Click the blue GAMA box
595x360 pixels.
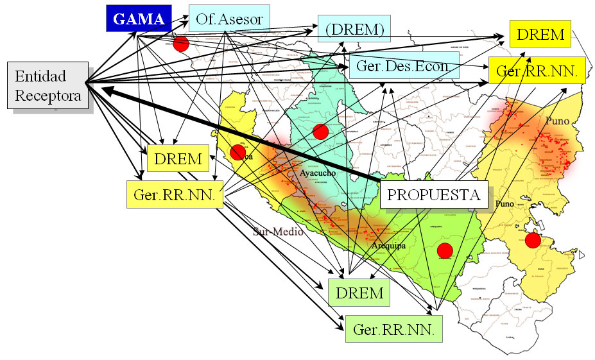coord(139,19)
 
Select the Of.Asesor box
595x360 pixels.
coord(229,19)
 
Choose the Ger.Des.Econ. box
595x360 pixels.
coord(404,66)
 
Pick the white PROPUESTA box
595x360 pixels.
coord(433,194)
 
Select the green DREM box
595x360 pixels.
coord(359,293)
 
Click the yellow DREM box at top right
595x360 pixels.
coord(540,34)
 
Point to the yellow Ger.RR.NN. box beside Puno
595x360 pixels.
coord(537,71)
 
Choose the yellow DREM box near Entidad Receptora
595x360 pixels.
coord(178,158)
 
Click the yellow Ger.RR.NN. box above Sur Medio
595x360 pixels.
coord(174,194)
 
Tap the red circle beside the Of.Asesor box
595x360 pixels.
coord(181,44)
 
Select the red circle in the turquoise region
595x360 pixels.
coord(320,132)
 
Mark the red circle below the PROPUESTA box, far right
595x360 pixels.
coord(533,240)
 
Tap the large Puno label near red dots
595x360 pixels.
coord(558,121)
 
